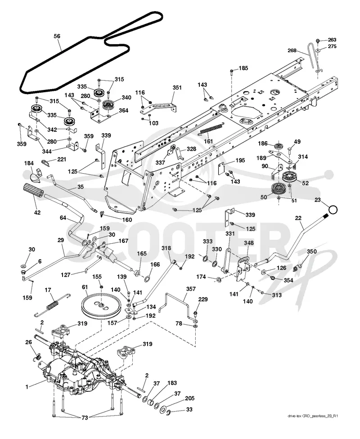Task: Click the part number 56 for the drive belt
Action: (x=57, y=36)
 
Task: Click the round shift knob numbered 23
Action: (x=333, y=210)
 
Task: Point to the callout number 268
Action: (x=292, y=50)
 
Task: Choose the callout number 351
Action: (x=177, y=87)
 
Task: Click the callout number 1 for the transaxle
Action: (x=27, y=387)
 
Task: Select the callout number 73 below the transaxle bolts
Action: (x=85, y=418)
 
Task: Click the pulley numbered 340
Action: (x=108, y=105)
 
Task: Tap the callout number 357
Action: (x=191, y=289)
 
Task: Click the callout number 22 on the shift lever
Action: (x=298, y=218)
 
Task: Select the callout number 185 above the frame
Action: (x=243, y=68)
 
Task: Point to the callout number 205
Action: (x=189, y=398)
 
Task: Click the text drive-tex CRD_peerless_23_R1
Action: (x=313, y=416)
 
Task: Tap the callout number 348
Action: (x=248, y=243)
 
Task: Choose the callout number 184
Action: (x=29, y=163)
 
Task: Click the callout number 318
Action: (x=166, y=248)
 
